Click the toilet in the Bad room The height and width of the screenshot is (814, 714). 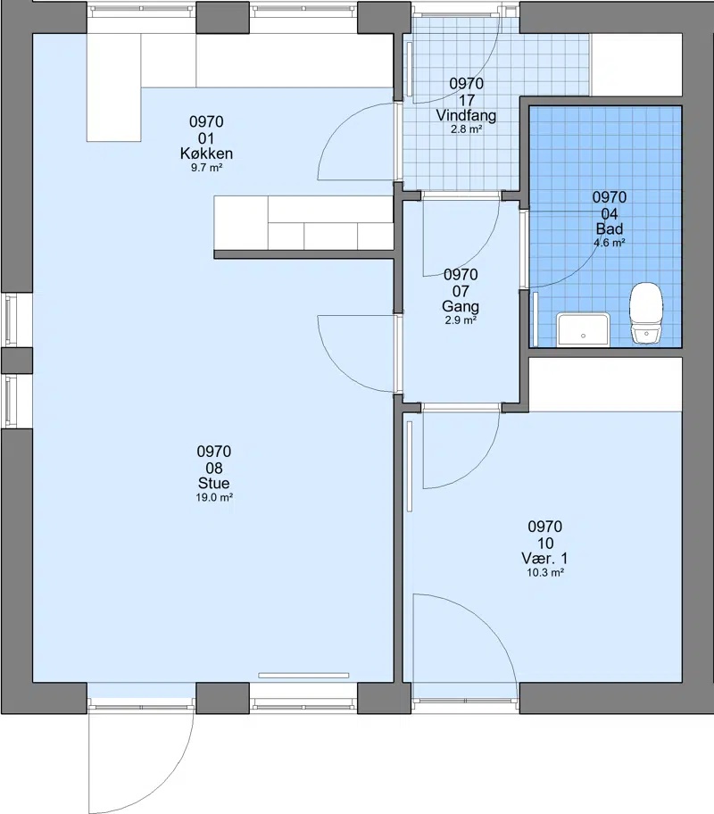tap(646, 313)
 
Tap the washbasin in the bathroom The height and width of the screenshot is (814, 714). tap(583, 329)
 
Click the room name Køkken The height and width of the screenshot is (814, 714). tap(207, 154)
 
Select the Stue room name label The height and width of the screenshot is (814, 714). tap(213, 483)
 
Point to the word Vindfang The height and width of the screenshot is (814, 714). tap(466, 115)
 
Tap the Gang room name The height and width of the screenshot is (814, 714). tap(460, 306)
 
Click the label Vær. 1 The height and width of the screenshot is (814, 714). tap(544, 558)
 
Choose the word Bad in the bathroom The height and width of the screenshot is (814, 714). tap(609, 228)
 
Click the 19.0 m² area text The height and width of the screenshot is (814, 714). tap(214, 497)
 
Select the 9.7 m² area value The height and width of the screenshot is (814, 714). tap(207, 168)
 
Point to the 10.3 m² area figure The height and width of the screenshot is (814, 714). tap(545, 573)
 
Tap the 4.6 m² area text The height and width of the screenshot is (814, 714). tap(609, 243)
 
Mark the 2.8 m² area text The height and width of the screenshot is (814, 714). tap(466, 129)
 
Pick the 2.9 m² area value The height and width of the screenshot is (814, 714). tap(461, 320)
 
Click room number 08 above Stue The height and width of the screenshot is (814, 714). tap(214, 468)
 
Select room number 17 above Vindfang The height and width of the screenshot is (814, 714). tap(466, 100)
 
